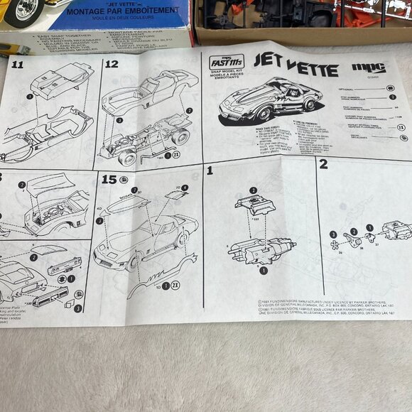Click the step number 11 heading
click(17, 65)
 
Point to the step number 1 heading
click(210, 170)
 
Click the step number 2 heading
click(323, 165)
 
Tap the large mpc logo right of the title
click(368, 69)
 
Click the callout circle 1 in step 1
click(264, 270)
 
